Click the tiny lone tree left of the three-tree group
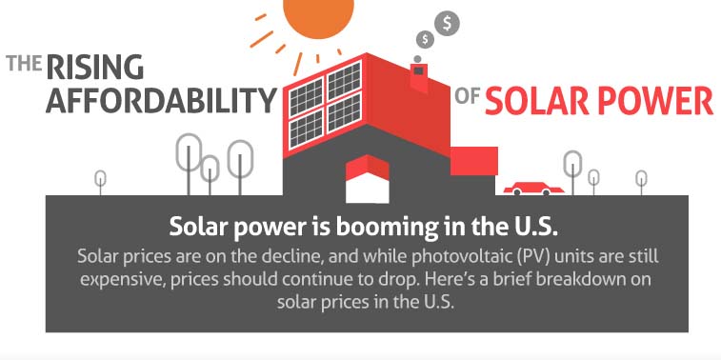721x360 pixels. (100, 179)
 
